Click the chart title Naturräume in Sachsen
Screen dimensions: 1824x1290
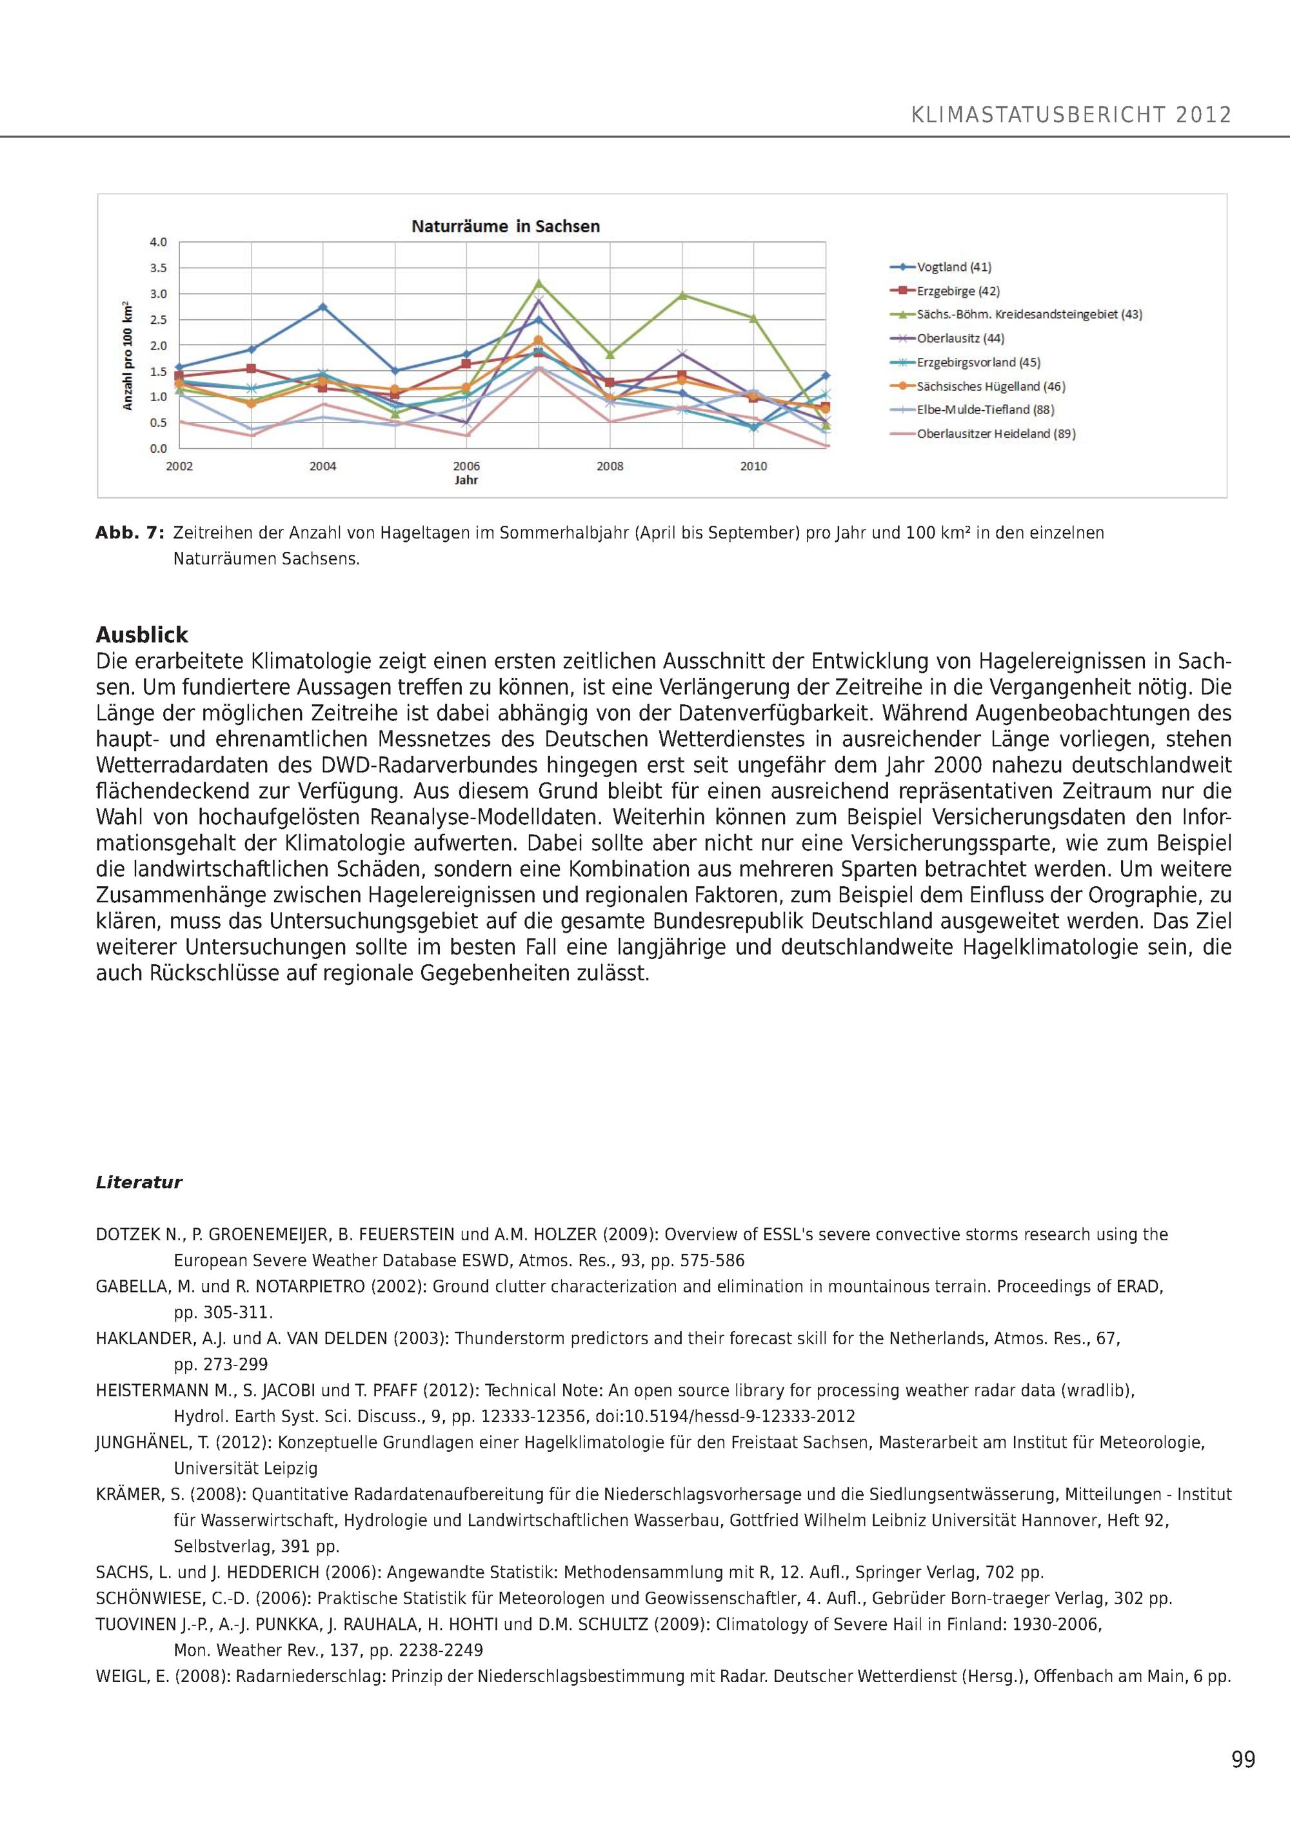point(505,226)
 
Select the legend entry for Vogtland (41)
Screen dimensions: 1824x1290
point(954,268)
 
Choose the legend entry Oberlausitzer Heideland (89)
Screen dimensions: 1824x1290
point(996,434)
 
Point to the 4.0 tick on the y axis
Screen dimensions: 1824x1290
point(159,241)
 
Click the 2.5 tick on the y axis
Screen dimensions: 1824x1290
point(159,319)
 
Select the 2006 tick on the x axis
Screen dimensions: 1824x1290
point(466,466)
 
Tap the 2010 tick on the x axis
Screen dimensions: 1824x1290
point(753,466)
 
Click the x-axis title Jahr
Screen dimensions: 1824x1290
point(466,481)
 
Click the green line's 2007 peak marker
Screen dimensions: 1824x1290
point(539,283)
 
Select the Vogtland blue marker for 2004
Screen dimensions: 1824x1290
point(322,306)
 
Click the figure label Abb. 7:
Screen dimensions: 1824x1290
point(130,533)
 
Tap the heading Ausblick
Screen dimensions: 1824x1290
point(142,635)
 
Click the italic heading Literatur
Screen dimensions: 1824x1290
point(139,1182)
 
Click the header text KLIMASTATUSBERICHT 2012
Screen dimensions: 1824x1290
point(1071,115)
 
